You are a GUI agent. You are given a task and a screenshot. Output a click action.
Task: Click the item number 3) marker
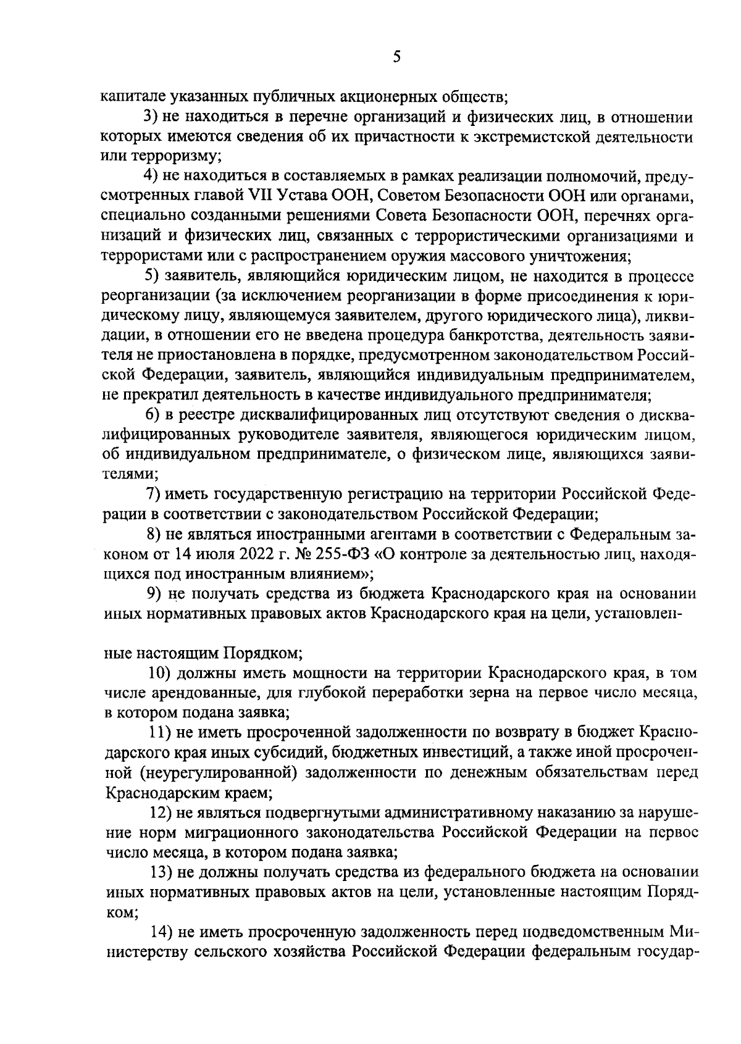point(151,117)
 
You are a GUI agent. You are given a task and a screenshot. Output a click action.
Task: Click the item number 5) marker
point(151,276)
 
